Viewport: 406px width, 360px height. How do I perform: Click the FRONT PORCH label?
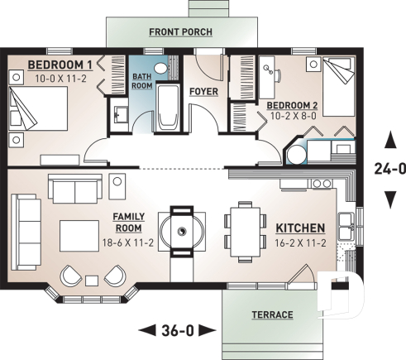click(x=180, y=32)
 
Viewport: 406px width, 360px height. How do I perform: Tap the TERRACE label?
click(x=271, y=315)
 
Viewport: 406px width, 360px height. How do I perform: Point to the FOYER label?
click(x=203, y=91)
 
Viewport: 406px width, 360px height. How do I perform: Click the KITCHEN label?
click(x=299, y=228)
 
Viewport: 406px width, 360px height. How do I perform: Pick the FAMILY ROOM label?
click(x=128, y=221)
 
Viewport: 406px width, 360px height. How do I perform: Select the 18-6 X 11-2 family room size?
click(x=128, y=243)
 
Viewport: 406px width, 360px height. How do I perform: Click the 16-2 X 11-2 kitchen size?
click(x=299, y=243)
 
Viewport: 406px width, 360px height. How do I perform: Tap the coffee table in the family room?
click(x=80, y=234)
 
